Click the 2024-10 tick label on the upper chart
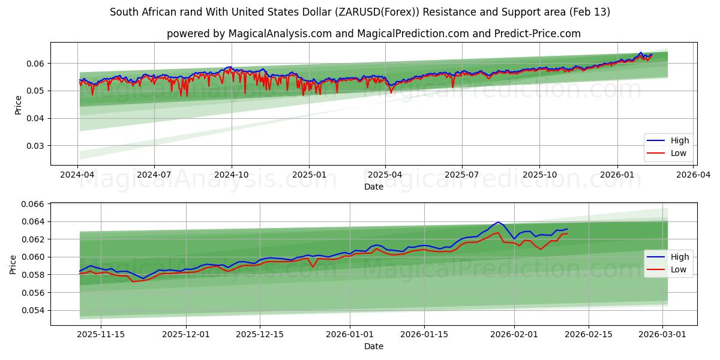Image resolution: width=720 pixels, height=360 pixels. coord(232,174)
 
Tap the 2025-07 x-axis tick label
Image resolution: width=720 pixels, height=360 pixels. coord(462,174)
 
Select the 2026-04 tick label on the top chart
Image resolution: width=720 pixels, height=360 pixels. coord(694,174)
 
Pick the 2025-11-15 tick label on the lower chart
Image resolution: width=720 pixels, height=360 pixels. coord(101,334)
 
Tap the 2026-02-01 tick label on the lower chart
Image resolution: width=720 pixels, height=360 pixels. coord(514,334)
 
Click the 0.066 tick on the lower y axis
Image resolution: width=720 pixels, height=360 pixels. coord(33,205)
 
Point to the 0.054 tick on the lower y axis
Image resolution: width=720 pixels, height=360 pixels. coord(33,311)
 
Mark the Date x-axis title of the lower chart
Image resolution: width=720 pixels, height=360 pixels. coord(373,346)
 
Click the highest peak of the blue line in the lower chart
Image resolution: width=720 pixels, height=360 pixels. coord(498,222)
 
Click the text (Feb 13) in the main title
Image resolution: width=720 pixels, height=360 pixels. coord(590,12)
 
